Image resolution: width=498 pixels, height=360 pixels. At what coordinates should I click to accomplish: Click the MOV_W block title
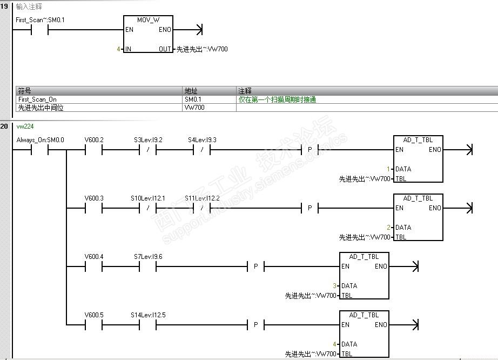[x=148, y=19]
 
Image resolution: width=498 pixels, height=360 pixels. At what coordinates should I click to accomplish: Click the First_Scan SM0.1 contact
[x=40, y=30]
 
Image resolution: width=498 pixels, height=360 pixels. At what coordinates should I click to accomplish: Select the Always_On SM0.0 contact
[x=40, y=150]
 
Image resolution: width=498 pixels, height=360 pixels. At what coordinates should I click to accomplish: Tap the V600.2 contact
[x=94, y=150]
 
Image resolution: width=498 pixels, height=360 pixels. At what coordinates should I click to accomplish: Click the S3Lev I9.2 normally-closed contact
[x=148, y=150]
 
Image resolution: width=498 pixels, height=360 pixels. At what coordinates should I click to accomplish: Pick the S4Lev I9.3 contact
[x=202, y=150]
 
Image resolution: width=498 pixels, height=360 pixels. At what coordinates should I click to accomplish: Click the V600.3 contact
[x=94, y=208]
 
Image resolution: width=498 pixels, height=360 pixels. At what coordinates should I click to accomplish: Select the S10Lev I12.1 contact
[x=148, y=208]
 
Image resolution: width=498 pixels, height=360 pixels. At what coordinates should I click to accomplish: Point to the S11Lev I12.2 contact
[x=202, y=208]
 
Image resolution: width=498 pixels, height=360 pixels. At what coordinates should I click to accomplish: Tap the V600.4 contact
[x=94, y=266]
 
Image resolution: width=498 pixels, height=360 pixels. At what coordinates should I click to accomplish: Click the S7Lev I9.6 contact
[x=148, y=266]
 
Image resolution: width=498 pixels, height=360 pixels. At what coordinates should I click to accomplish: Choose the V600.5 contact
[x=94, y=325]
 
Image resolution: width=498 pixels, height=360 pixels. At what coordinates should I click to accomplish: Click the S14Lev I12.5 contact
[x=148, y=325]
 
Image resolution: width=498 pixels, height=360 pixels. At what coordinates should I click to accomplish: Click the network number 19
[x=4, y=7]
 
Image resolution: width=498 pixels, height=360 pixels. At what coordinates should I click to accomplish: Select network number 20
[x=4, y=126]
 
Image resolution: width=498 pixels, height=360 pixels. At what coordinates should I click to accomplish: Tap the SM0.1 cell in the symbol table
[x=193, y=99]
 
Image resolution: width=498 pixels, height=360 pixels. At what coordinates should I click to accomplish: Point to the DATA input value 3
[x=334, y=285]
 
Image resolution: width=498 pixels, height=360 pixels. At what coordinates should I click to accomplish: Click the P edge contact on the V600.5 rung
[x=256, y=325]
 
